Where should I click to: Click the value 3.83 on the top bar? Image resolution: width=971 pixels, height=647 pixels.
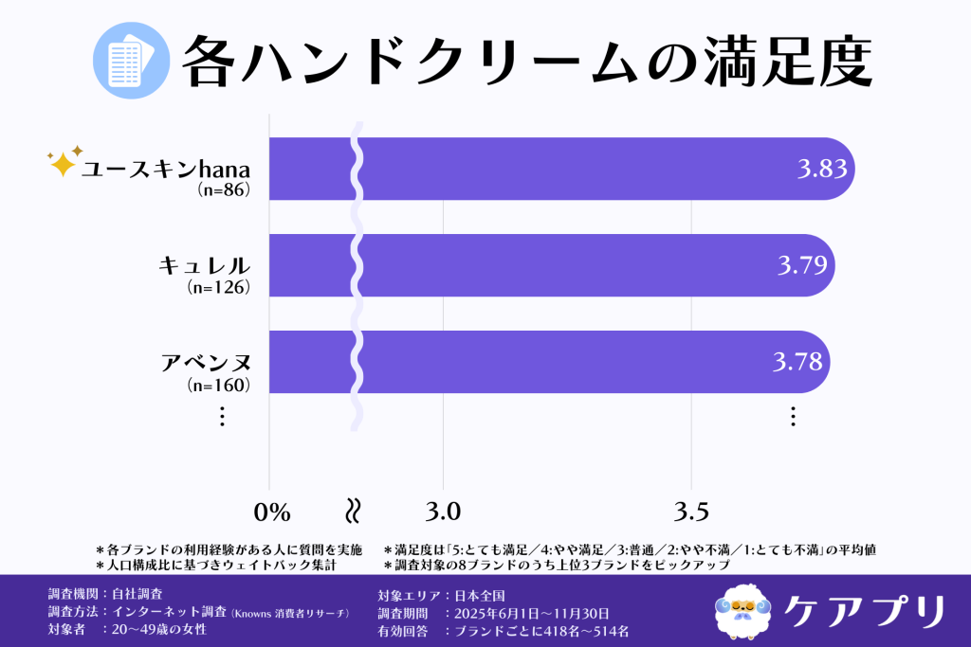[x=821, y=170]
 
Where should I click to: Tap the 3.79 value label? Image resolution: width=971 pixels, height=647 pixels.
[x=802, y=265]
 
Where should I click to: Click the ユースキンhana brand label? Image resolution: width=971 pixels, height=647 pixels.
[x=164, y=169]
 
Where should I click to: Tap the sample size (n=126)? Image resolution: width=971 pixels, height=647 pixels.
[x=219, y=287]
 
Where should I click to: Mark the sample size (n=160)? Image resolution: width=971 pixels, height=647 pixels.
[x=219, y=384]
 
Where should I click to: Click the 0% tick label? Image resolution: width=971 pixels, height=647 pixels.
[x=271, y=512]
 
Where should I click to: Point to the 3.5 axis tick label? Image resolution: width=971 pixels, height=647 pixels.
[x=691, y=512]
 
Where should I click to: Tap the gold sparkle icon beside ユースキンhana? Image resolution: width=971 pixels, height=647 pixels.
[x=64, y=162]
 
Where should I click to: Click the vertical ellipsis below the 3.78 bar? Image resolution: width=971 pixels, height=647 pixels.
[x=793, y=416]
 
